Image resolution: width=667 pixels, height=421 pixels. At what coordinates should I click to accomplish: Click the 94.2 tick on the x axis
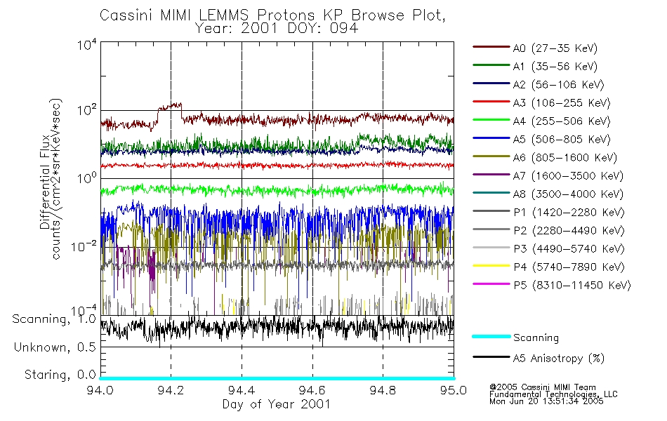click(x=171, y=390)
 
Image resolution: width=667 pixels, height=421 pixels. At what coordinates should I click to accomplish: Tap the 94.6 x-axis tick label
click(x=312, y=390)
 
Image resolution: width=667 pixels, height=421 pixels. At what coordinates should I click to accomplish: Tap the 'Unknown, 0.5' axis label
click(x=54, y=347)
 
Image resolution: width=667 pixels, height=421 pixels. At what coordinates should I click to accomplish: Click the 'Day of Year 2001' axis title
click(x=277, y=404)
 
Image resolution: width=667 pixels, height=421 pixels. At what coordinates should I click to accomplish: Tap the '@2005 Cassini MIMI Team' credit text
click(x=542, y=387)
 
